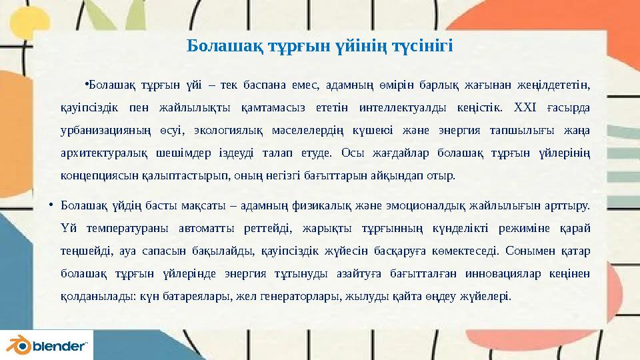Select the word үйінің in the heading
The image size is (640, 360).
point(363,47)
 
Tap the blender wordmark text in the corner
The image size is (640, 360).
point(60,347)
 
